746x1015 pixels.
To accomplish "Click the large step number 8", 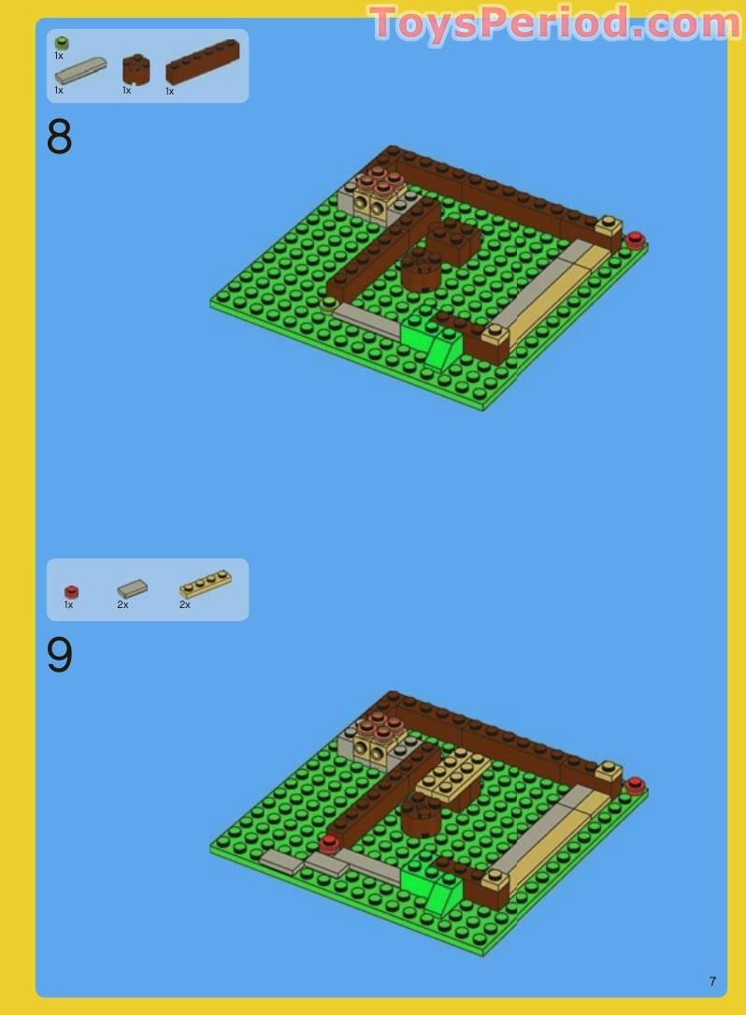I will click(59, 138).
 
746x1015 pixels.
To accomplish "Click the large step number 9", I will click(59, 656).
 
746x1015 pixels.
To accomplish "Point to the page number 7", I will click(712, 981).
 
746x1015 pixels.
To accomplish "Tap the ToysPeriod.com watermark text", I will click(555, 23).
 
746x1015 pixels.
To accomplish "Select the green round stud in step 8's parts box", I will click(62, 43).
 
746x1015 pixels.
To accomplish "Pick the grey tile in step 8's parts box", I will click(79, 70).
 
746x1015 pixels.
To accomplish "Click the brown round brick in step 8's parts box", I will click(136, 68).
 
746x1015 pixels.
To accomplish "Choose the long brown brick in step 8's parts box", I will click(202, 62).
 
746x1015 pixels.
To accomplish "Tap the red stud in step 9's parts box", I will click(71, 591).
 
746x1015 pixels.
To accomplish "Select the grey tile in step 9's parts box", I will click(132, 588).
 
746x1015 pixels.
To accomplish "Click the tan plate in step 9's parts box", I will click(205, 584).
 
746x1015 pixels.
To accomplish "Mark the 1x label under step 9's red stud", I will click(68, 605).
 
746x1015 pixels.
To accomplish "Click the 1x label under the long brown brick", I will click(169, 92).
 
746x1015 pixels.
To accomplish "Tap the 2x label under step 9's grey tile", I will click(122, 605).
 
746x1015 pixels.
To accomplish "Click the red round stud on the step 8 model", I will click(636, 239).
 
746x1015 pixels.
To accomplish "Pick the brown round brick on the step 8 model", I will click(421, 271).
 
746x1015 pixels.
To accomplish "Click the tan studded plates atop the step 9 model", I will click(453, 776).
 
